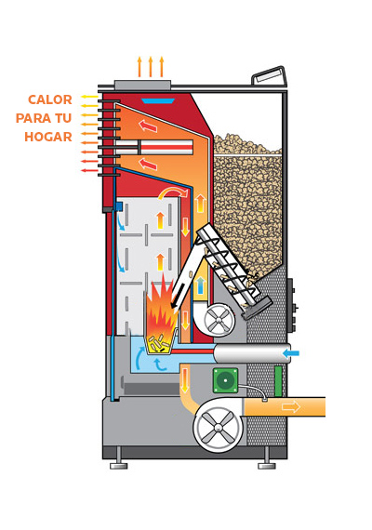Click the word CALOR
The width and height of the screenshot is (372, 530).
point(50,99)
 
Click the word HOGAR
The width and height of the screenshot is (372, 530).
point(48,137)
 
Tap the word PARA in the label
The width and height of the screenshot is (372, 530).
point(31,118)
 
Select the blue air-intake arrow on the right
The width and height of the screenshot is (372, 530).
point(291,353)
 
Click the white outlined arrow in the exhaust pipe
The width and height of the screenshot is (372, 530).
point(291,406)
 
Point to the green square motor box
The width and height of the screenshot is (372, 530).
point(225,380)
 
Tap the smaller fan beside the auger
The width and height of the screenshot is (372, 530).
point(219,320)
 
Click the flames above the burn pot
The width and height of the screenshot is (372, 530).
point(162,310)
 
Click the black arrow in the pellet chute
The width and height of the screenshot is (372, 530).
point(178,297)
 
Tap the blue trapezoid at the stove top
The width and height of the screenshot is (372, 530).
point(158,100)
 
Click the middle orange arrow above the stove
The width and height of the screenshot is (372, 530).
point(151,67)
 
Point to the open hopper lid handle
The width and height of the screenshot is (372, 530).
point(269,76)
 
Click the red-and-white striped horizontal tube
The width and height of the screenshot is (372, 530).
point(154,147)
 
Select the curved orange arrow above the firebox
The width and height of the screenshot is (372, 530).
point(172,192)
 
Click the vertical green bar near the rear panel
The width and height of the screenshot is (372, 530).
point(278,381)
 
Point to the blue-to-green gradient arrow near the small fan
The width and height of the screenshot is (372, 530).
point(201,285)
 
